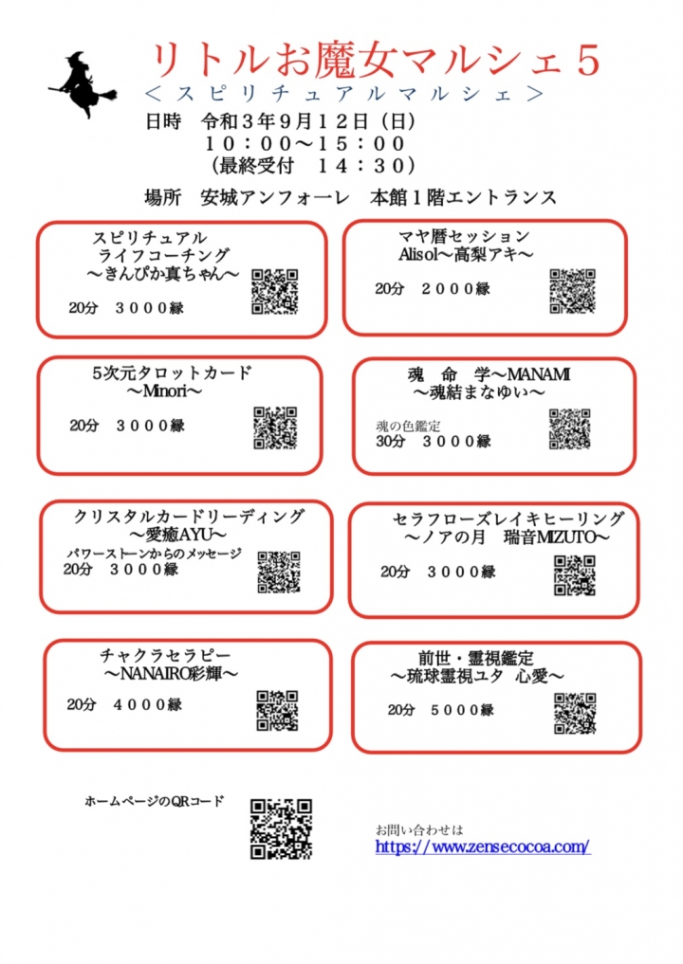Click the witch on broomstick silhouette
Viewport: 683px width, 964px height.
(x=83, y=85)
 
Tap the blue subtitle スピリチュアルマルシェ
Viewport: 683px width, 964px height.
(x=344, y=94)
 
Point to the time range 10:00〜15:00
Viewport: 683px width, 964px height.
(x=305, y=144)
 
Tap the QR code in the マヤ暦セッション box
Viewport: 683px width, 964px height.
(x=572, y=291)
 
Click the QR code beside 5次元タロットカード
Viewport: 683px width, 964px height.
(x=276, y=427)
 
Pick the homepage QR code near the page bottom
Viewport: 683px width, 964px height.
(x=281, y=828)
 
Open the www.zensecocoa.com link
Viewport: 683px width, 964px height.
(x=483, y=846)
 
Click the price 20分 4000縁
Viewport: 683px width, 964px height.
(x=124, y=704)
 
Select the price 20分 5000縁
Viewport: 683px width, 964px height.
(x=440, y=710)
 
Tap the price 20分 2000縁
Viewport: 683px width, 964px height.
(x=433, y=288)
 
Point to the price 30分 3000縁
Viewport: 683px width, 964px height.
(x=434, y=441)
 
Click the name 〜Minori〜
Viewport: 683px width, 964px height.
(x=164, y=391)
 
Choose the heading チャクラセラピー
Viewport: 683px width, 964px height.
(x=165, y=655)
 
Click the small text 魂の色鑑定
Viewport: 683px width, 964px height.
(x=408, y=426)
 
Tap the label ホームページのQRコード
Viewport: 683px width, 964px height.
(x=155, y=801)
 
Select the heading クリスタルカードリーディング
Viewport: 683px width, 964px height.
(x=189, y=517)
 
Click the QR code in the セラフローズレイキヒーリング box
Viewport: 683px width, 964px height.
(x=575, y=575)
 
